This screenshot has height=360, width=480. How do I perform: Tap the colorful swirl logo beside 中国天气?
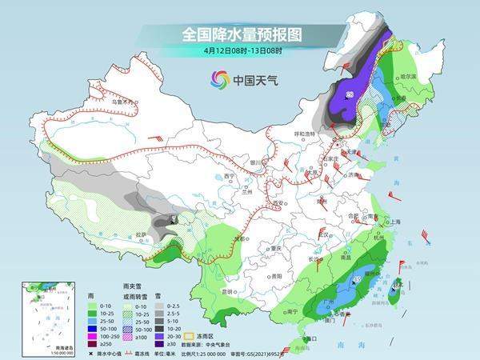[x=219, y=79]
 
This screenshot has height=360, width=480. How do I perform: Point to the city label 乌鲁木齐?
[x=120, y=102]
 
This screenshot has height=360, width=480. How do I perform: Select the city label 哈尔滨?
[x=409, y=76]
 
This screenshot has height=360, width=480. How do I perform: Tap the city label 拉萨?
[x=142, y=234]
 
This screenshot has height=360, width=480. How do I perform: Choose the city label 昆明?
[x=229, y=291]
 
